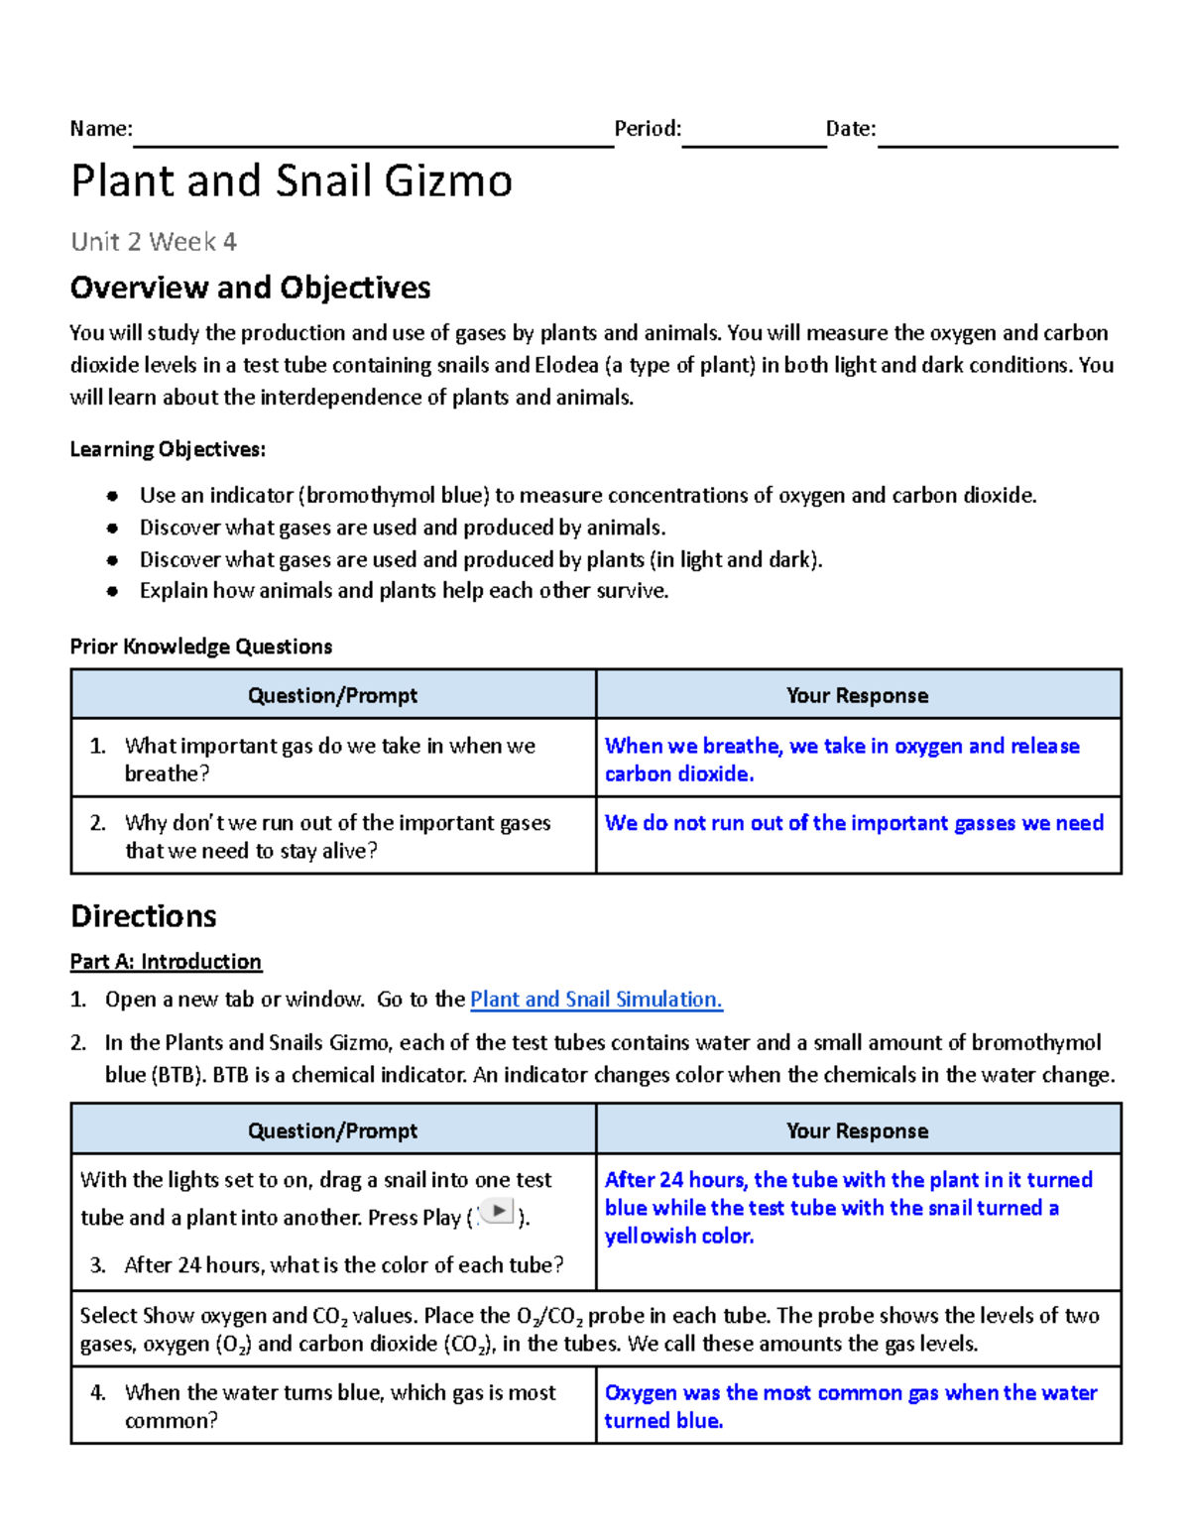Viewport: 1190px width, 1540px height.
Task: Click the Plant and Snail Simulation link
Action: coord(596,1000)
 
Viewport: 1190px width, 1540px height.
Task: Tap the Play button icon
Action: coord(498,1212)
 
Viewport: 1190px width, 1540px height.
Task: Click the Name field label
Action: coord(100,129)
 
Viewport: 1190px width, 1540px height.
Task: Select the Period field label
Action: coord(648,129)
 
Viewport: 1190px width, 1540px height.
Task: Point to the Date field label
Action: coord(851,129)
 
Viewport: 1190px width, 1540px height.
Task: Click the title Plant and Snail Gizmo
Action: coord(292,181)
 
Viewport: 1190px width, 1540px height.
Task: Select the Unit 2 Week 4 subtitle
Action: coord(154,242)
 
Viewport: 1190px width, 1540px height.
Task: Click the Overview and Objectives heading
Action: coord(250,288)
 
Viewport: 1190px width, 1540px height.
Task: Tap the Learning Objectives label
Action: coord(168,449)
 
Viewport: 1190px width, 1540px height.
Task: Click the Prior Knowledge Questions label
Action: coord(200,647)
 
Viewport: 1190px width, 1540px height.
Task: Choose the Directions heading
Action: coord(144,916)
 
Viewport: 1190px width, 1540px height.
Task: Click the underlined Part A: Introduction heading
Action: coord(166,962)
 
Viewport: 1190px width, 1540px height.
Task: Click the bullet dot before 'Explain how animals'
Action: coord(113,592)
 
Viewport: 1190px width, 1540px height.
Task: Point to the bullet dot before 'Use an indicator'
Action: coord(113,496)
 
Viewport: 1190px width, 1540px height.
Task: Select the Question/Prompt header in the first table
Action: coord(332,695)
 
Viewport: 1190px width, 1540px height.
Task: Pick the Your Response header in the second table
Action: coord(857,1130)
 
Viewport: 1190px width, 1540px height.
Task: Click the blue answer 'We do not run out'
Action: coord(854,823)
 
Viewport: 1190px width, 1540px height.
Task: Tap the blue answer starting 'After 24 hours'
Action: coord(848,1208)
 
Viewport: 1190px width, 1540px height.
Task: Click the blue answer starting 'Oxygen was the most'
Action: coord(850,1406)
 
